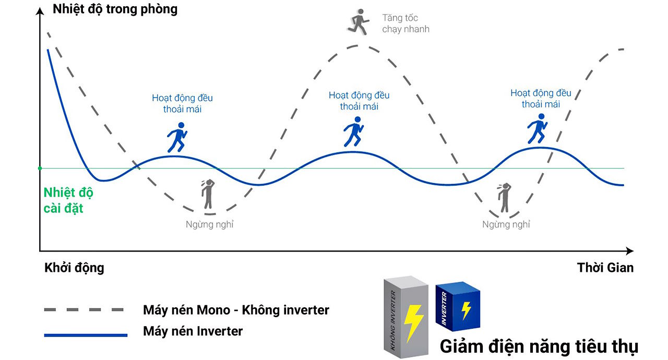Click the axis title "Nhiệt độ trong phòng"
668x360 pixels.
pyautogui.click(x=115, y=9)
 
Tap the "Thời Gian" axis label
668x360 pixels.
pyautogui.click(x=605, y=268)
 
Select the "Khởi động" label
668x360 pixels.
pyautogui.click(x=74, y=268)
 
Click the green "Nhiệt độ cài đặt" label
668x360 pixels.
pyautogui.click(x=68, y=200)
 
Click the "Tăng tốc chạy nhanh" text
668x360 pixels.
pyautogui.click(x=405, y=23)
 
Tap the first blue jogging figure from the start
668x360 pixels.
pyautogui.click(x=177, y=137)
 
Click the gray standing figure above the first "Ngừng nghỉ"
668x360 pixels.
pyautogui.click(x=208, y=195)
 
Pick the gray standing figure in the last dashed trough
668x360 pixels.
pyautogui.click(x=504, y=198)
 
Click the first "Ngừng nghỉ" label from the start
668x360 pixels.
pyautogui.click(x=209, y=225)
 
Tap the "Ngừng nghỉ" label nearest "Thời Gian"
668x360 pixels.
pyautogui.click(x=506, y=224)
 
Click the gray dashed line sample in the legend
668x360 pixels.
pyautogui.click(x=83, y=310)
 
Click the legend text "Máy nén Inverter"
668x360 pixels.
pyautogui.click(x=193, y=331)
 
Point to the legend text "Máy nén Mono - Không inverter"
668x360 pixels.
pyautogui.click(x=236, y=310)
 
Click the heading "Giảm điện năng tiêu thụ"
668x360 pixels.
pyautogui.click(x=539, y=346)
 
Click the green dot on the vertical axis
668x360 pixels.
pyautogui.click(x=40, y=168)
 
